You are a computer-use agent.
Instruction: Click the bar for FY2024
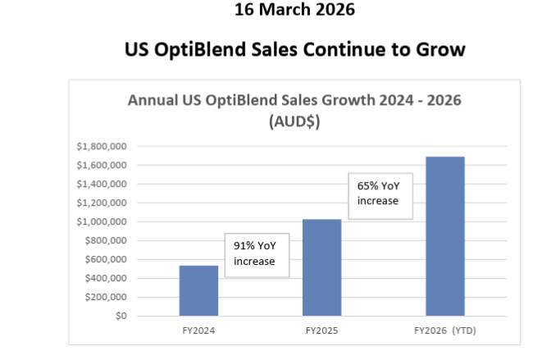click(198, 291)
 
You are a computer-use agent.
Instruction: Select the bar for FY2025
click(321, 267)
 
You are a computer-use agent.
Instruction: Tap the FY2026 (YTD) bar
click(445, 236)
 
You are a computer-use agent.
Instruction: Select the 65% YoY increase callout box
click(378, 194)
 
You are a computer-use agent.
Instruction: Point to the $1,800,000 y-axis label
click(101, 147)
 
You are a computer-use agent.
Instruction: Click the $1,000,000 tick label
click(101, 222)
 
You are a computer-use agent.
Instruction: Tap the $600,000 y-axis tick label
click(104, 260)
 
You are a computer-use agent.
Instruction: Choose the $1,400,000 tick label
click(101, 185)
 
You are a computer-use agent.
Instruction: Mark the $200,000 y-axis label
click(104, 297)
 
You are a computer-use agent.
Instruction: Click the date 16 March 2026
click(294, 11)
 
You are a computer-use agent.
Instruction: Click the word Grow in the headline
click(439, 50)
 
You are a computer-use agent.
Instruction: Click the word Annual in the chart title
click(154, 101)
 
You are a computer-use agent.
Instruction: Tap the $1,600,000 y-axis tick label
click(101, 166)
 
